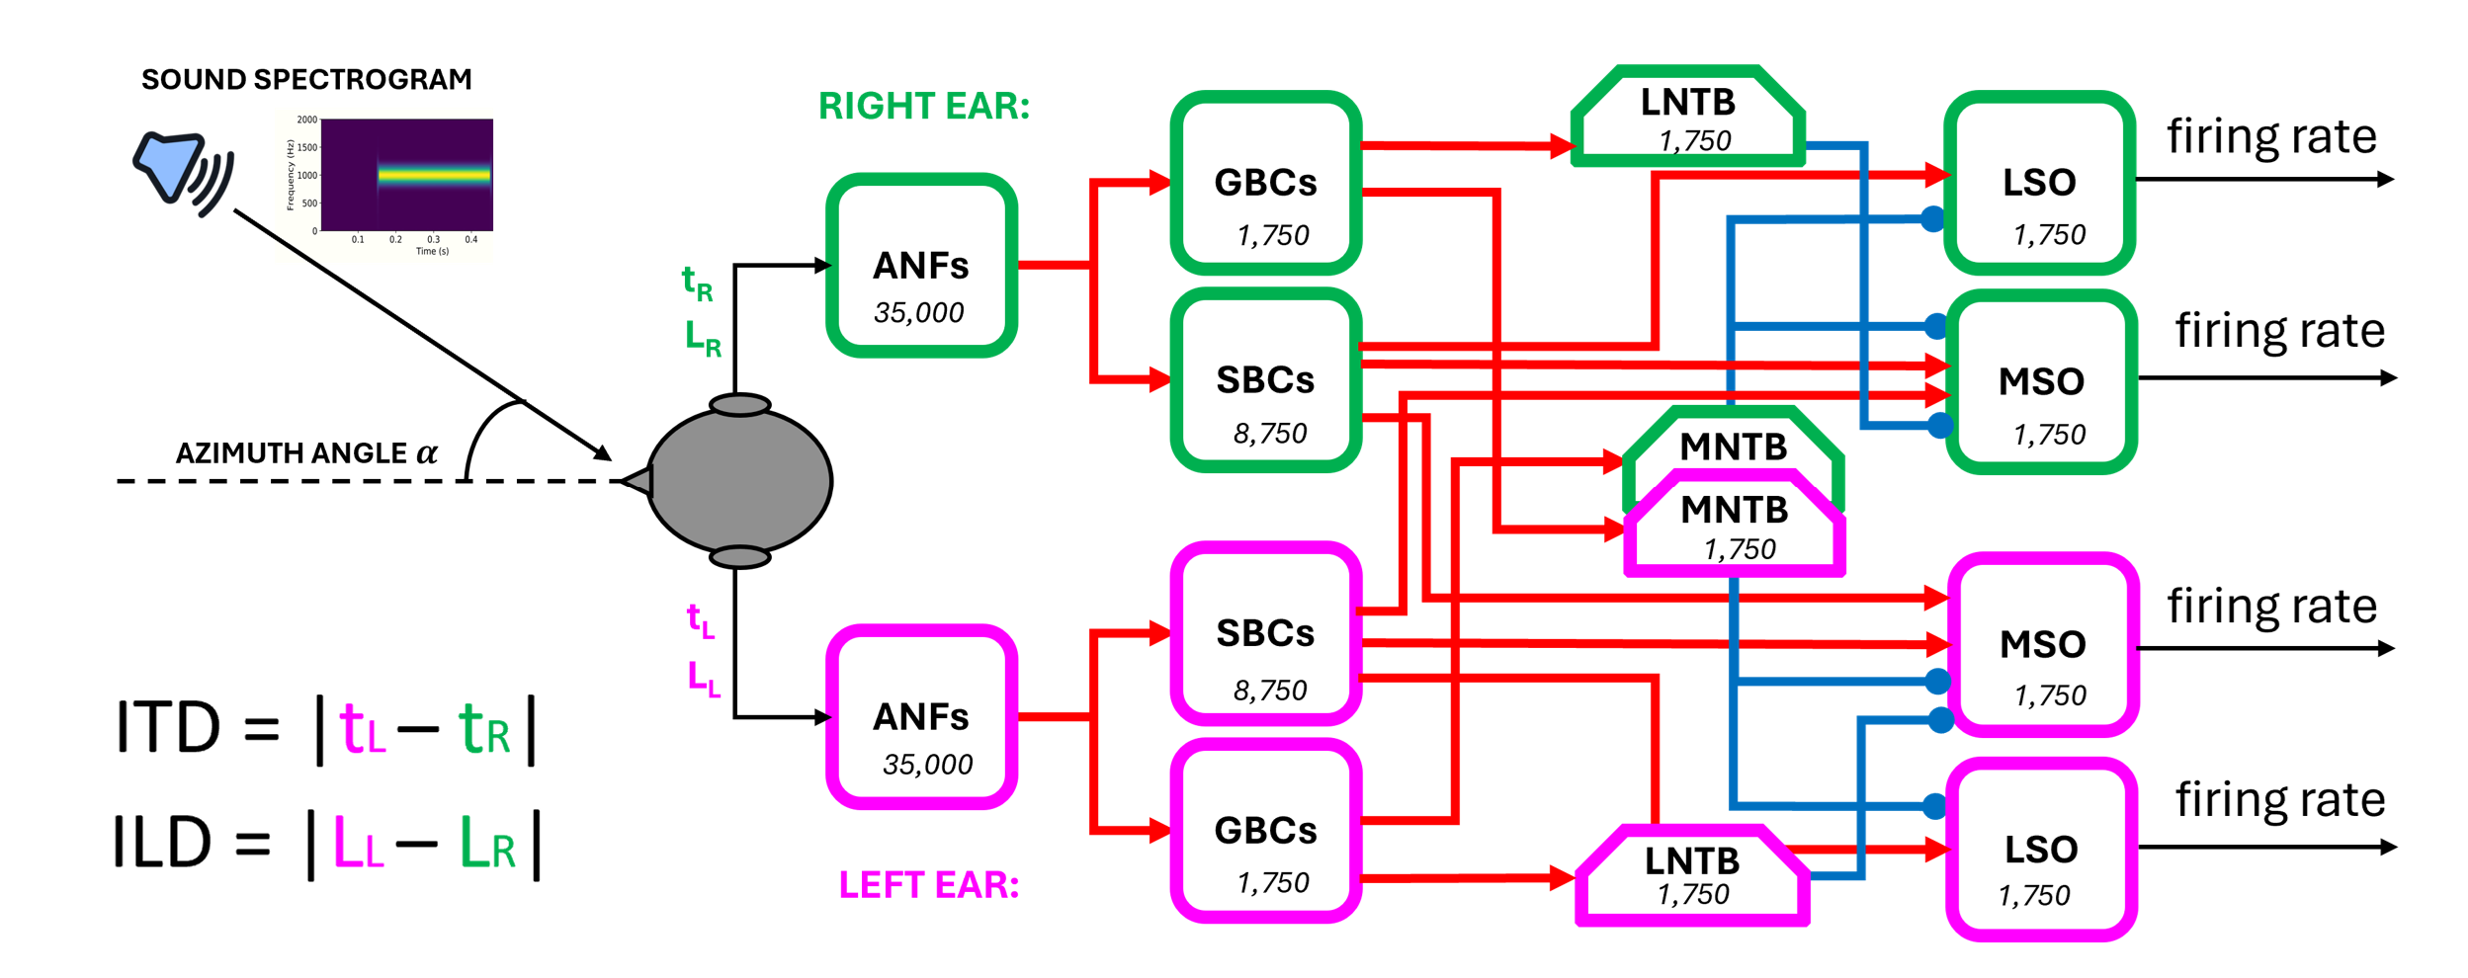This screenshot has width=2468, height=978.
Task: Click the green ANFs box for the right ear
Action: [x=921, y=265]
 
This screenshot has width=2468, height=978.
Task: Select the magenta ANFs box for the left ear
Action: [x=921, y=716]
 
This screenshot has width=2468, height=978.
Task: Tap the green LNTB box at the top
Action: [x=1688, y=117]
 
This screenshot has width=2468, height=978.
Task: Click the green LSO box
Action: [x=2039, y=183]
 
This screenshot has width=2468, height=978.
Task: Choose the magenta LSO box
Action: [x=2041, y=850]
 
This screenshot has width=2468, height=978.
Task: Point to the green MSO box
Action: [x=2041, y=382]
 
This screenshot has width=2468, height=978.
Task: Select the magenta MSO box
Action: [x=2042, y=645]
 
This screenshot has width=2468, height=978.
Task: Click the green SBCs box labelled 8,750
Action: [x=1265, y=380]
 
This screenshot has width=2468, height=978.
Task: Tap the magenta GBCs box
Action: [x=1265, y=831]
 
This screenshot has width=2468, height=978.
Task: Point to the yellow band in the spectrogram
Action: [x=435, y=175]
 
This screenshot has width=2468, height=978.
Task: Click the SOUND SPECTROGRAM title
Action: [x=306, y=79]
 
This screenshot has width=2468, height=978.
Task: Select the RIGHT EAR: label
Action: [x=923, y=106]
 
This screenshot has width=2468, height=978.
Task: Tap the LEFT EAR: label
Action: [x=928, y=884]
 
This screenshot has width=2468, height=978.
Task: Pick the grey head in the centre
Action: [x=739, y=481]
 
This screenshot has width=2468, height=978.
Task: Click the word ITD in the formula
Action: [x=168, y=728]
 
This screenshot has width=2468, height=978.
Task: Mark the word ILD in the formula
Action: [x=163, y=843]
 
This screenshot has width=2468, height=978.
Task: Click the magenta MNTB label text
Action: [x=1735, y=510]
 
